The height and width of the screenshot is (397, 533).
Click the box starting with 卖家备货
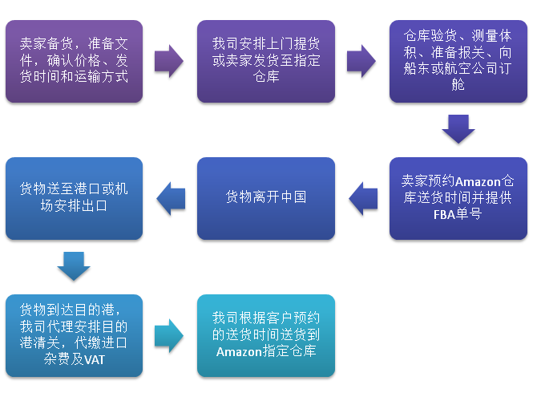pyautogui.click(x=74, y=62)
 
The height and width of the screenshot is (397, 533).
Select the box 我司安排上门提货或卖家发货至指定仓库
pyautogui.click(x=266, y=62)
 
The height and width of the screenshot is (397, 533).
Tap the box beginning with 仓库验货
pyautogui.click(x=458, y=62)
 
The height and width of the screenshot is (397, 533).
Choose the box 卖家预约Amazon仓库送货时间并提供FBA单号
pyautogui.click(x=458, y=198)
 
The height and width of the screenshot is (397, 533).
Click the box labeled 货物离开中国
pyautogui.click(x=266, y=198)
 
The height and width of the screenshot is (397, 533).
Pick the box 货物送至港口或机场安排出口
pyautogui.click(x=74, y=198)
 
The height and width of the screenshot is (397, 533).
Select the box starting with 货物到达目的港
pyautogui.click(x=74, y=335)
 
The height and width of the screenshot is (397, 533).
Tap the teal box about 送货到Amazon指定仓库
pyautogui.click(x=266, y=335)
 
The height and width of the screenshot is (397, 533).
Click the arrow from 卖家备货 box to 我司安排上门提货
pyautogui.click(x=169, y=62)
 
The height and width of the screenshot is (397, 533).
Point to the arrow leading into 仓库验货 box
pyautogui.click(x=362, y=62)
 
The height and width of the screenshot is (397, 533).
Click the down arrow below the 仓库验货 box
pyautogui.click(x=458, y=128)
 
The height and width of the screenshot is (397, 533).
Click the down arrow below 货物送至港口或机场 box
pyautogui.click(x=74, y=265)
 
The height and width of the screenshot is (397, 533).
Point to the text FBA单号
pyautogui.click(x=458, y=214)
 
